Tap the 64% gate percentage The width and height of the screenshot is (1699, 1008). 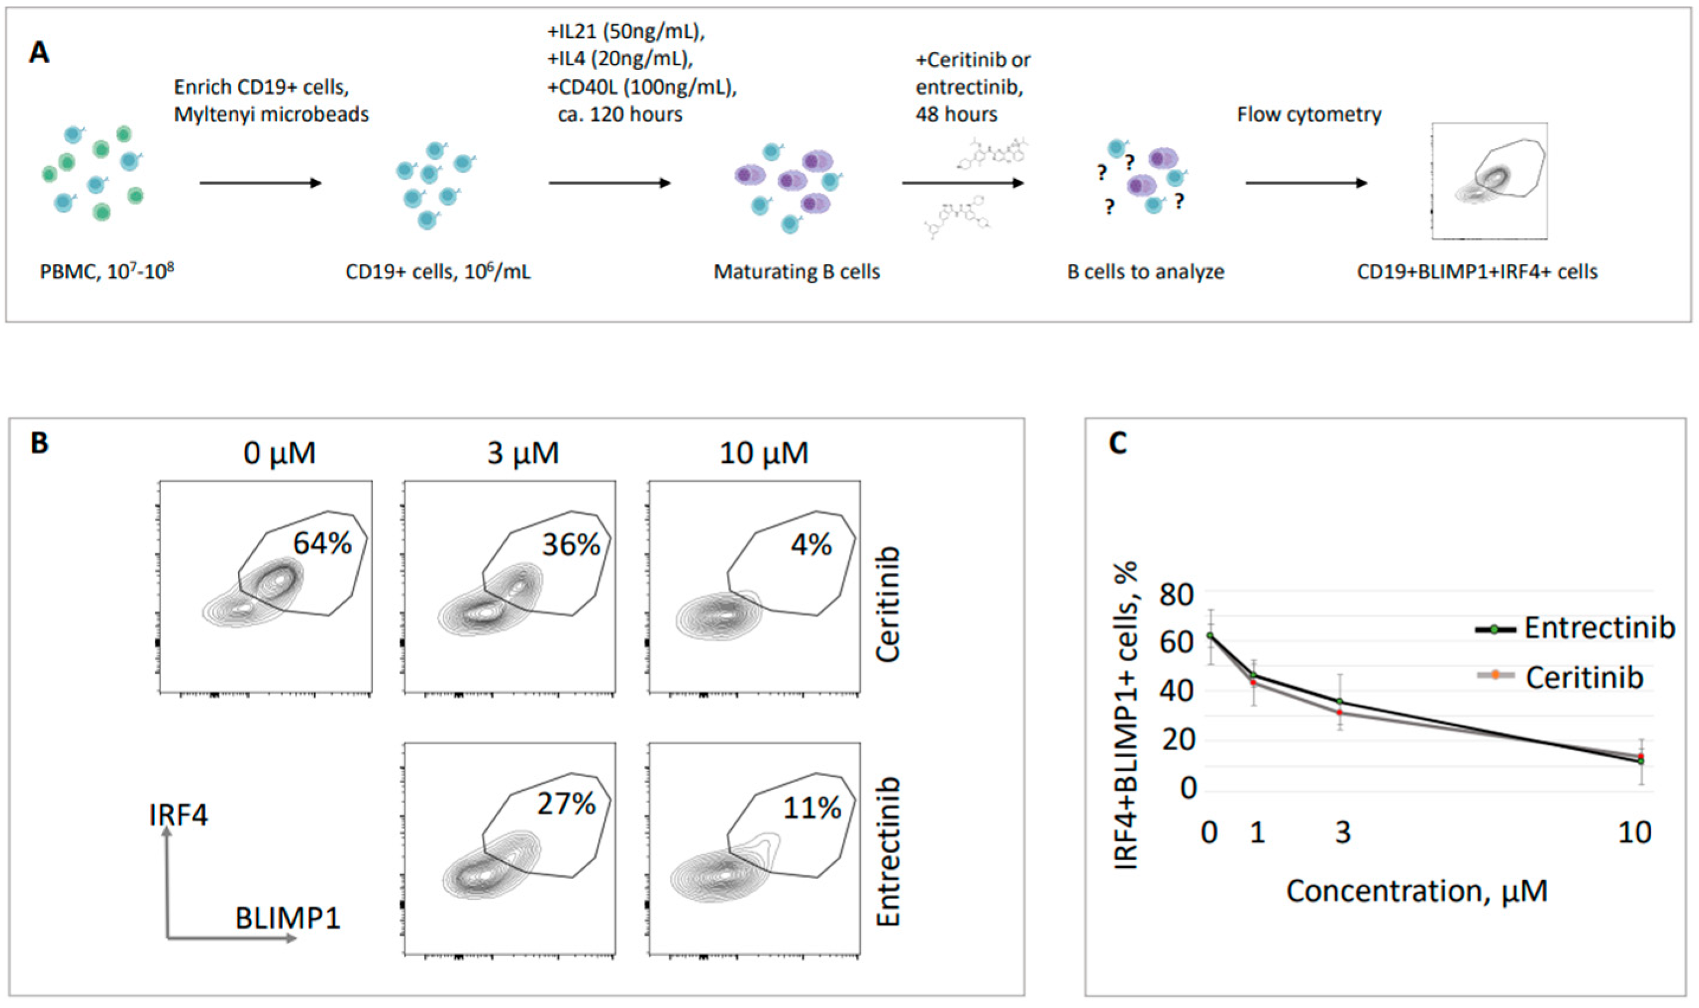tap(322, 543)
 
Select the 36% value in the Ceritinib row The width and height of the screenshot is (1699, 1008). tap(571, 545)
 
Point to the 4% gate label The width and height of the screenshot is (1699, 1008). tap(811, 545)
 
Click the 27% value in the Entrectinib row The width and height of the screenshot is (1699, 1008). tap(567, 804)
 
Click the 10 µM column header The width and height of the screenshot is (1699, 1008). tap(764, 453)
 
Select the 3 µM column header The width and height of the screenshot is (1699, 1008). tap(522, 453)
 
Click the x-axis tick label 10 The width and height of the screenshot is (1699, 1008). tap(1634, 833)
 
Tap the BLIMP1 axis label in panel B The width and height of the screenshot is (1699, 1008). tap(287, 919)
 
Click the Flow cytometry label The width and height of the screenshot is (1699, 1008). tap(1309, 114)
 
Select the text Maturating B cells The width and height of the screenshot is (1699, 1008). tap(796, 272)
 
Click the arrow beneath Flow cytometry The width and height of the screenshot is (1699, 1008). tap(1306, 183)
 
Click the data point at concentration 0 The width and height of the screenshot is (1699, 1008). tap(1209, 635)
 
